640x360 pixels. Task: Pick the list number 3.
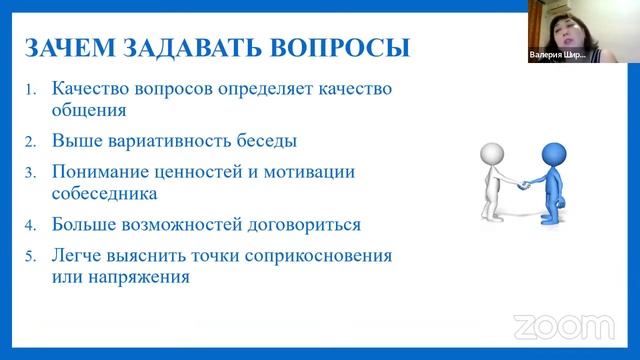pyautogui.click(x=31, y=172)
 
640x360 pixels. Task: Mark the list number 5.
pyautogui.click(x=31, y=255)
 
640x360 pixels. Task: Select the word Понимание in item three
pyautogui.click(x=102, y=171)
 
